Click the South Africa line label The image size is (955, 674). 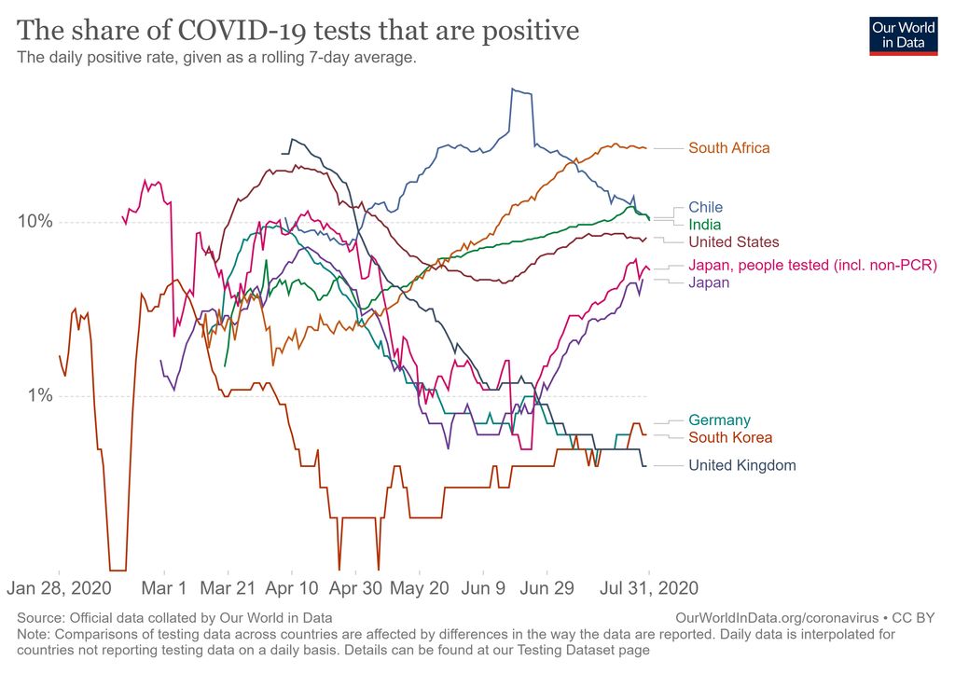point(728,147)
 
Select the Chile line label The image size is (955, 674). point(705,207)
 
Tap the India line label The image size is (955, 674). point(705,225)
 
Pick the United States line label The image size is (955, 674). point(733,242)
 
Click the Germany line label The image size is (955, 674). point(719,420)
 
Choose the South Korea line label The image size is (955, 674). point(730,437)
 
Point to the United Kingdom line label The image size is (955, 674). point(741,465)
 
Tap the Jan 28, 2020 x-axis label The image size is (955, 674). point(60,588)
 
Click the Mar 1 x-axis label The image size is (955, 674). point(163,588)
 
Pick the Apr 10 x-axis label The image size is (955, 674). point(292,588)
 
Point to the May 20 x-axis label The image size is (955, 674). point(420,588)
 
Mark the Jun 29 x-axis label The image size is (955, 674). point(547,588)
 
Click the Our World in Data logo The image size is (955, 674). point(903,34)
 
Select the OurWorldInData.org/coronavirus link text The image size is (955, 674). point(776,617)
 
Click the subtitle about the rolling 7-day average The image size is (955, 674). point(216,58)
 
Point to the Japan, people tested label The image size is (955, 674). point(812,266)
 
